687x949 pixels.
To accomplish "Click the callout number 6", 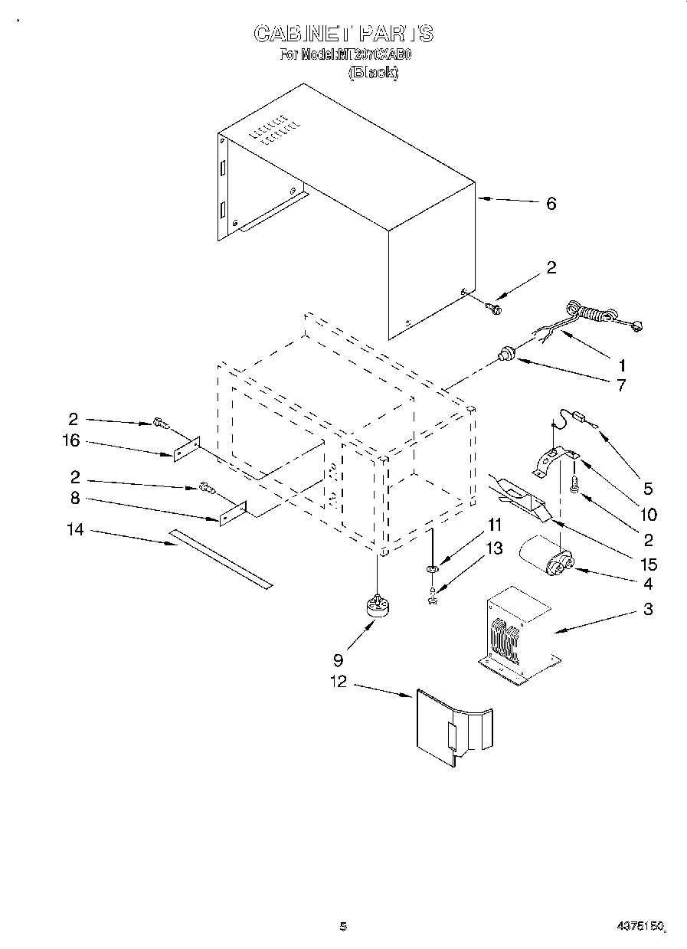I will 551,204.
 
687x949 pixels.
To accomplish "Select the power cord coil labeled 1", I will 594,316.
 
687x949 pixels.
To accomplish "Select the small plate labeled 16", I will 185,450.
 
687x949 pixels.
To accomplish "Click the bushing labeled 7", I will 505,353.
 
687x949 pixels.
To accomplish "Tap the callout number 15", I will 648,564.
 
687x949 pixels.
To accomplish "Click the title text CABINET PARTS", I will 343,34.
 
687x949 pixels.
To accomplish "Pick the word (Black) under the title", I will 373,74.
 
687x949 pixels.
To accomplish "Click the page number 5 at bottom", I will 343,927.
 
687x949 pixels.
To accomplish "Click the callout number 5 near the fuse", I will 648,488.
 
